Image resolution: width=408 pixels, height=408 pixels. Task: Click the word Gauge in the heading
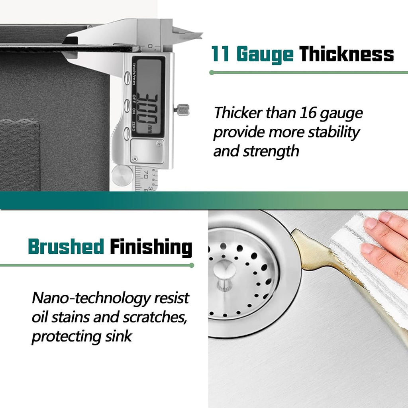265,54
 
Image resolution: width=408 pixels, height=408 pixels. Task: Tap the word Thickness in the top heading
346,54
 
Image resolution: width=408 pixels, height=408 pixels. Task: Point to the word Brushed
66,246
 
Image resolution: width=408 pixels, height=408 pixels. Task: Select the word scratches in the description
155,317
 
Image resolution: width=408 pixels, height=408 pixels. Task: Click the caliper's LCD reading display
148,97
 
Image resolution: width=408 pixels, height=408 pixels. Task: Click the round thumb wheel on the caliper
122,175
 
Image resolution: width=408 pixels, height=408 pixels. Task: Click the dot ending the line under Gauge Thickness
212,73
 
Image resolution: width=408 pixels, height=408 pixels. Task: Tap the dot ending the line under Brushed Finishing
192,265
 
